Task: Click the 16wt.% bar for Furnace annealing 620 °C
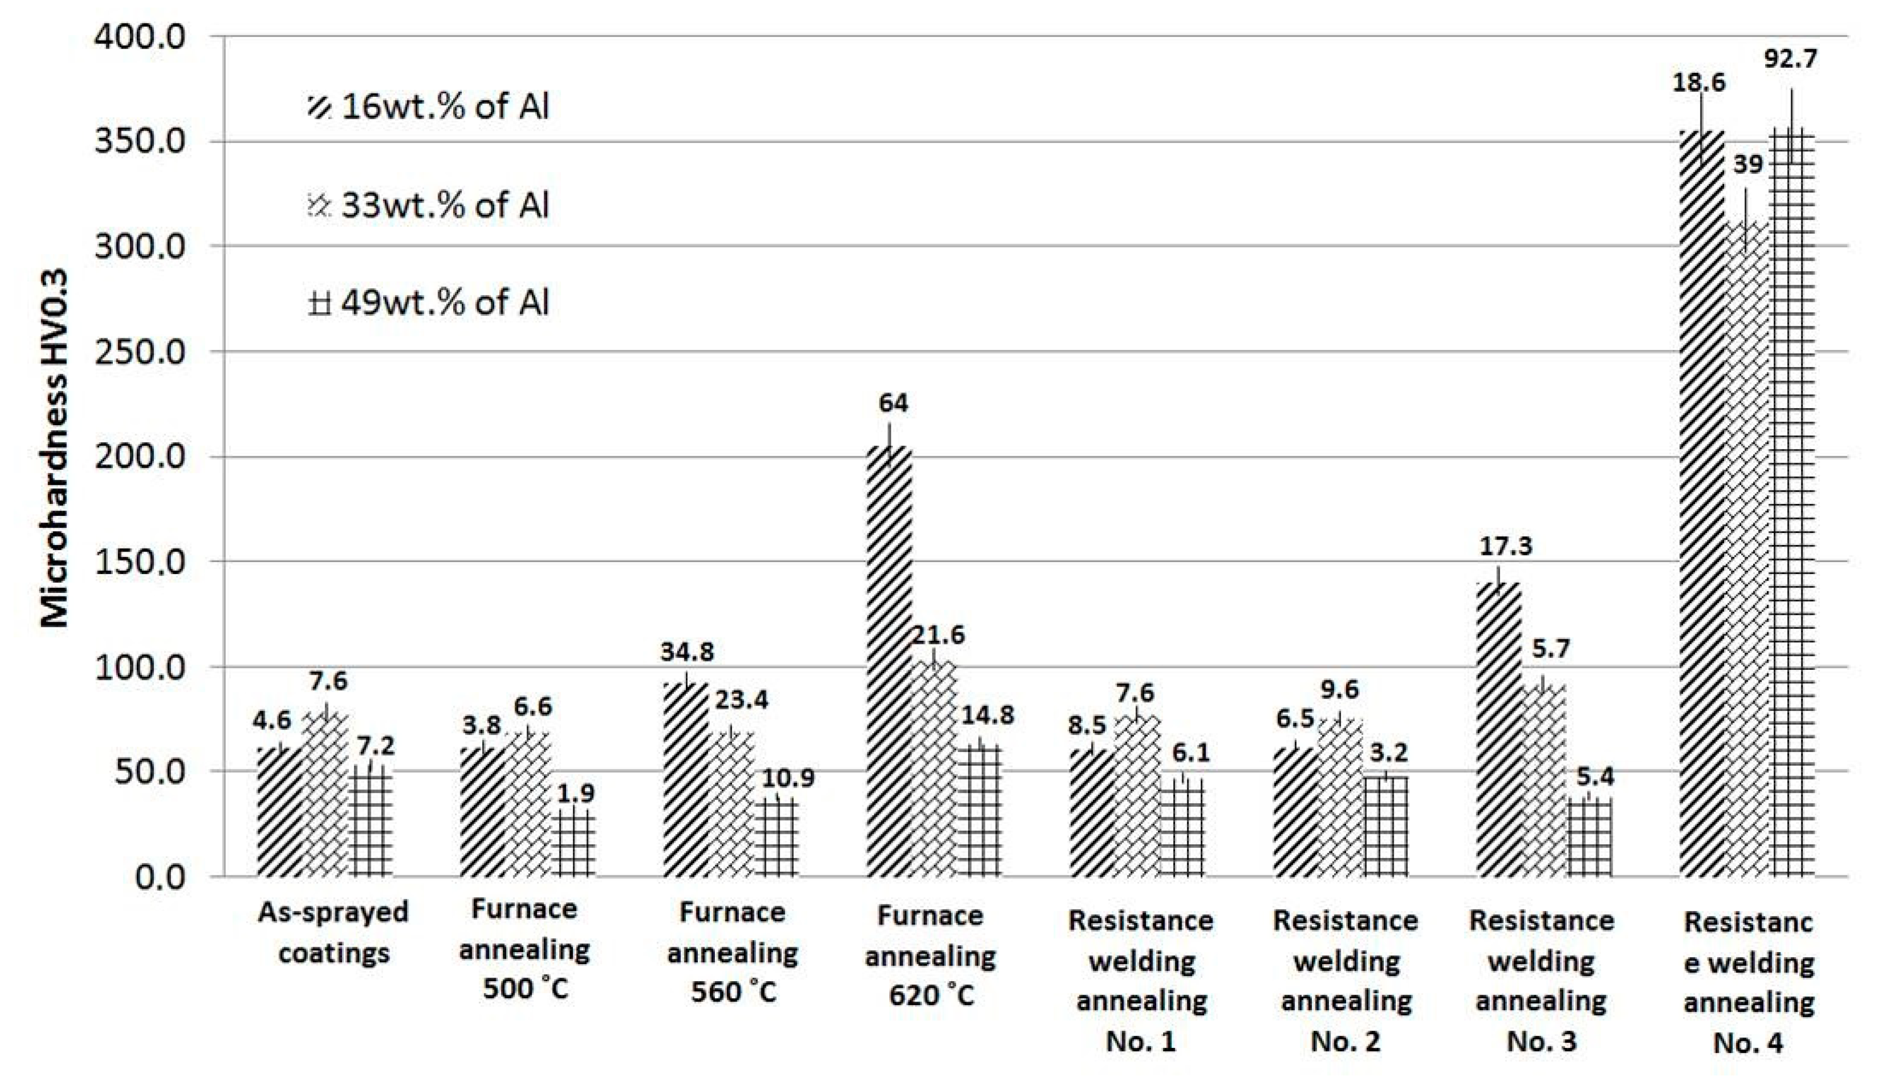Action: click(889, 662)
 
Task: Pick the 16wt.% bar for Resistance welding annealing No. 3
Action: click(1497, 729)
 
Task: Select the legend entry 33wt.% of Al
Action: click(430, 205)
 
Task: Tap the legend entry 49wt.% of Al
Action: click(430, 303)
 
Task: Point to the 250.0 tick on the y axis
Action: click(140, 352)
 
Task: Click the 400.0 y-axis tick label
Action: click(140, 37)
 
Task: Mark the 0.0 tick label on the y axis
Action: click(160, 878)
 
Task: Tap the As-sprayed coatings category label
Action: click(333, 932)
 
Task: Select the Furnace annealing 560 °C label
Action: click(732, 952)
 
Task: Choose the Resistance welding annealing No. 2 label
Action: click(1345, 980)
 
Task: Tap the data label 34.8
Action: click(687, 652)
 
